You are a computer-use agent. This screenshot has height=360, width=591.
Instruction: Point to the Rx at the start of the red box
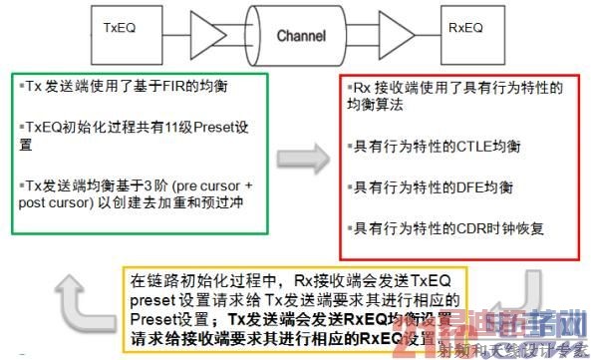tap(363, 88)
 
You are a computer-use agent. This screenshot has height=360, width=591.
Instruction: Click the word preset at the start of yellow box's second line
tap(151, 300)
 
